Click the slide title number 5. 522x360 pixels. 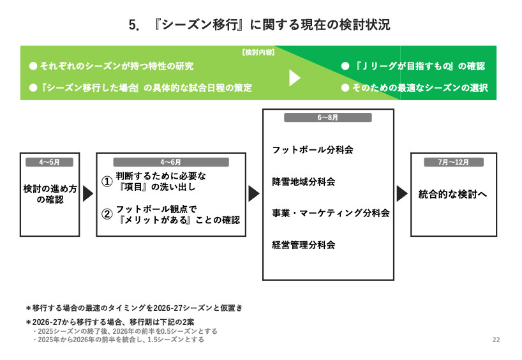point(133,25)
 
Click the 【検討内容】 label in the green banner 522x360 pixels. point(258,52)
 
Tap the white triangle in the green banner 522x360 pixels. point(294,78)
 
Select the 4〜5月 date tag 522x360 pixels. point(49,162)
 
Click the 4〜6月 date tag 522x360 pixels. point(171,162)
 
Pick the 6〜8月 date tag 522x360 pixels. point(328,118)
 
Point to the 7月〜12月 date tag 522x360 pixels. point(454,162)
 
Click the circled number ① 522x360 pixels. point(107,182)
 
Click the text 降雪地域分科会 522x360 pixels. point(304,182)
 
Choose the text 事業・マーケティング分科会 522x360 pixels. point(331,213)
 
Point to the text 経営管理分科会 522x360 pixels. point(304,244)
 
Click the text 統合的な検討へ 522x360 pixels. point(452,194)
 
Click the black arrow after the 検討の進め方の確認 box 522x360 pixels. point(88,193)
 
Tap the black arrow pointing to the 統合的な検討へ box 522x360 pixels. point(402,193)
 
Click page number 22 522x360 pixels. point(496,340)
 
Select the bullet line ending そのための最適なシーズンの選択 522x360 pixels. point(415,88)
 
